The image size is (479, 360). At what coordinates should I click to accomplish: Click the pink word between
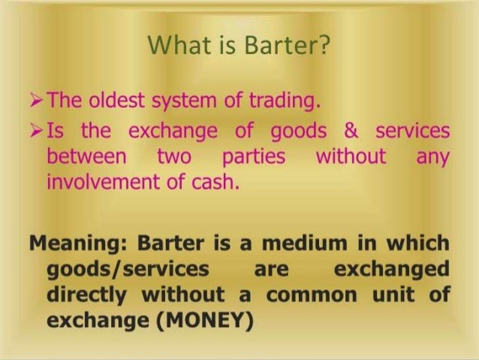pyautogui.click(x=84, y=157)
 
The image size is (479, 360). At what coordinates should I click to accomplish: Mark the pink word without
pyautogui.click(x=351, y=157)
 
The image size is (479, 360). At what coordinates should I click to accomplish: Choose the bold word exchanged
pyautogui.click(x=391, y=268)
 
